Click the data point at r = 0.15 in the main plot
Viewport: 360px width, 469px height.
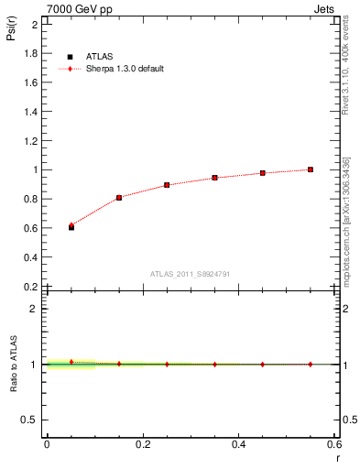click(x=119, y=197)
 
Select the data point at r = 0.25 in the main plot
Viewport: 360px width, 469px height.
click(x=167, y=185)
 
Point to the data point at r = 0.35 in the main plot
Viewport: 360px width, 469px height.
click(x=214, y=178)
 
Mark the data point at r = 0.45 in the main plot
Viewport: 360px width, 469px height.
click(x=263, y=173)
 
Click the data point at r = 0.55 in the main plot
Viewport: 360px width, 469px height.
click(x=311, y=169)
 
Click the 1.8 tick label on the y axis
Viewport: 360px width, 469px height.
click(x=29, y=53)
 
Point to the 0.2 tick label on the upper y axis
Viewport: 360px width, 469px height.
click(x=29, y=286)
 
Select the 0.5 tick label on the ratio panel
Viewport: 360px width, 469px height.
click(x=29, y=420)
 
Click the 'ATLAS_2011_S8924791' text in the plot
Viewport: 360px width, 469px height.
click(x=191, y=273)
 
